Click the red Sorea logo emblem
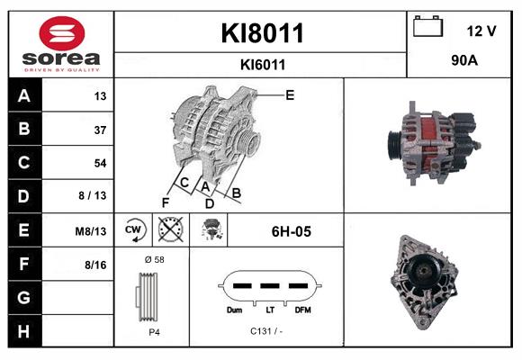[x=62, y=33]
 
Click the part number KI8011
[x=262, y=33]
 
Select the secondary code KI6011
[x=263, y=65]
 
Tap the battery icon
[x=428, y=26]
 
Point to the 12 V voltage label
[x=481, y=31]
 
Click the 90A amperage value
[x=464, y=60]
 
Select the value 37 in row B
[x=100, y=130]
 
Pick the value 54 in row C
[x=100, y=163]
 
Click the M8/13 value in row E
[x=91, y=231]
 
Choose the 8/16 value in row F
[x=95, y=265]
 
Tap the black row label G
[x=24, y=297]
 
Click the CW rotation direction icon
[x=133, y=230]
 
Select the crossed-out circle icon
[x=171, y=229]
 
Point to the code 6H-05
[x=292, y=231]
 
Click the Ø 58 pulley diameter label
[x=155, y=259]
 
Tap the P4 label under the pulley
[x=154, y=332]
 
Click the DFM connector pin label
[x=302, y=310]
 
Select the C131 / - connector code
[x=266, y=331]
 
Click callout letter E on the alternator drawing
[x=290, y=95]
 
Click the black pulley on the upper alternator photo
[x=395, y=146]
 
